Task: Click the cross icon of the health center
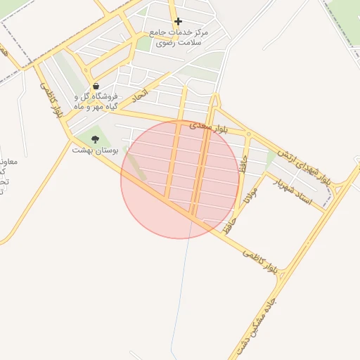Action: (x=178, y=22)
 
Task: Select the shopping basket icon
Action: (x=96, y=87)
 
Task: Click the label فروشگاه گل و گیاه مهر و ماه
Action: (x=96, y=102)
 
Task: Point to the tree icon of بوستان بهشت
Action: (x=95, y=139)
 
